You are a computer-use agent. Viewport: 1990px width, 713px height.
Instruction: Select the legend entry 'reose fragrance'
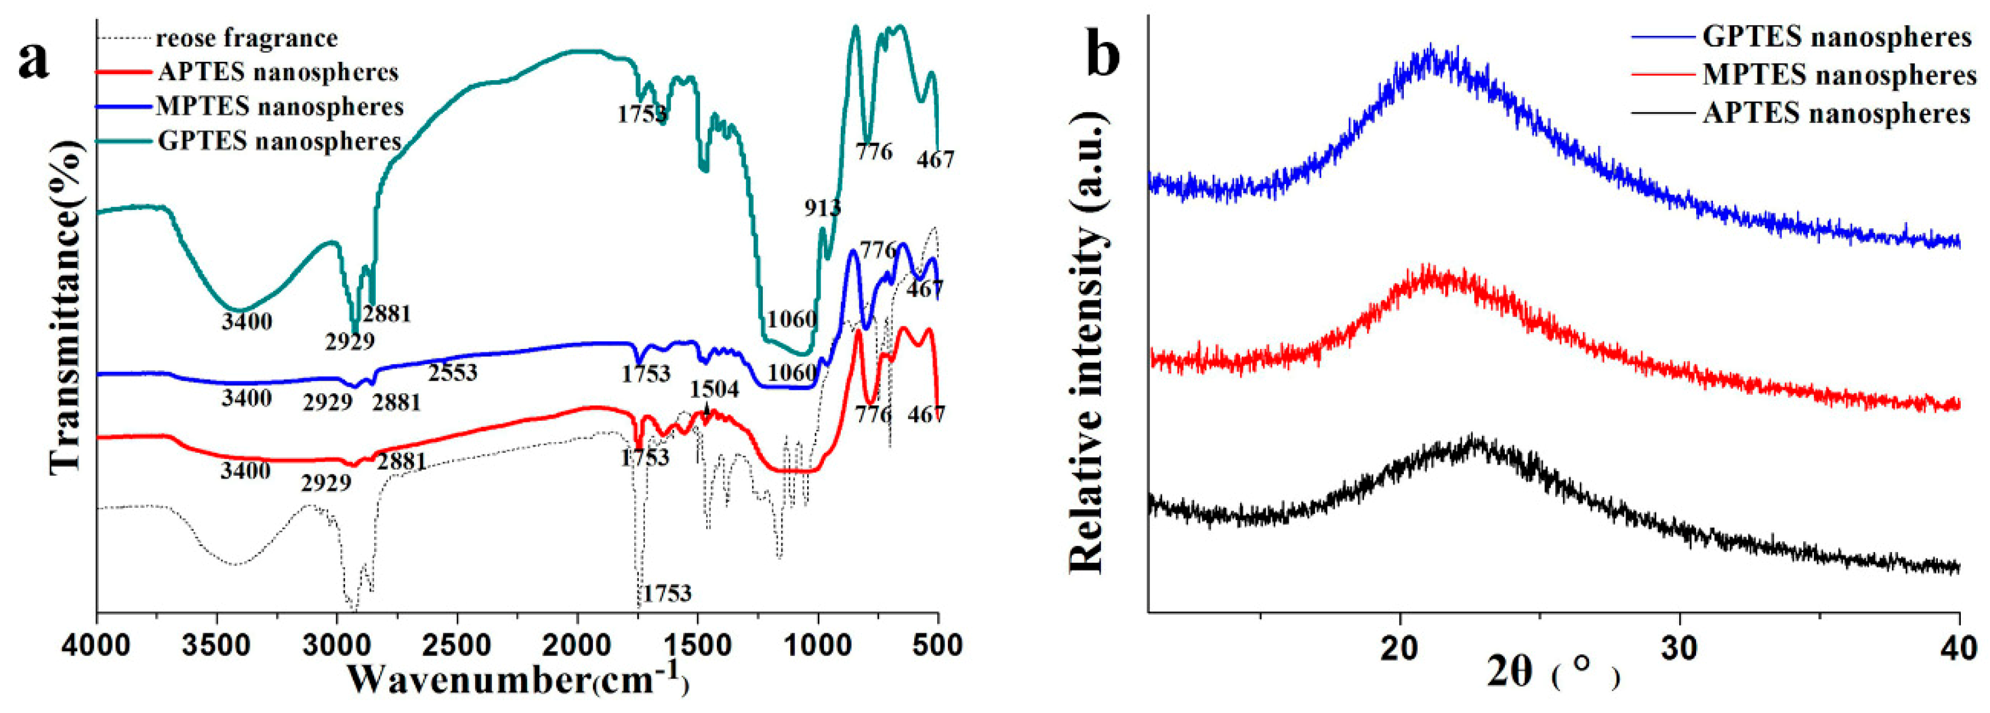coord(246,38)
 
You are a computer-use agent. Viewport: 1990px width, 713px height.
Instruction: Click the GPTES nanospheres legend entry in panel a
coord(279,141)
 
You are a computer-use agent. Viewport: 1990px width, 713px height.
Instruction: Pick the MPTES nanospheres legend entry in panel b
coord(1839,75)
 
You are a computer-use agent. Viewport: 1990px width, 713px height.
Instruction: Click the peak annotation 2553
coord(453,372)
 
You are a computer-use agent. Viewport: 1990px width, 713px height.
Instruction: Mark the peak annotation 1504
coord(715,389)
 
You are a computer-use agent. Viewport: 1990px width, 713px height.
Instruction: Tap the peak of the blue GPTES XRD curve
coord(1429,66)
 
